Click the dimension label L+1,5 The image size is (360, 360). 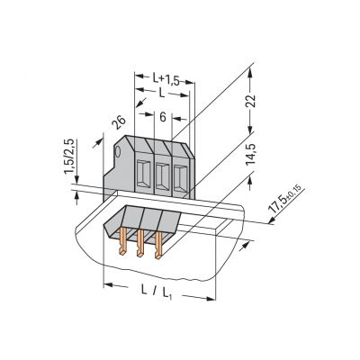click(166, 79)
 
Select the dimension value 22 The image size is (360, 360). click(251, 101)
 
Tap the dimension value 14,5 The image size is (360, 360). click(250, 154)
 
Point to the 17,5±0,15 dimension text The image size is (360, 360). click(286, 199)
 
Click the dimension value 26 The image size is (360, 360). click(119, 122)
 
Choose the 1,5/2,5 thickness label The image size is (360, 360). click(69, 156)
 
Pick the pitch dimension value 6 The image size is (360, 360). click(163, 118)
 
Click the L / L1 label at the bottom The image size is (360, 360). click(156, 292)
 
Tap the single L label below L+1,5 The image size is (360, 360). click(162, 94)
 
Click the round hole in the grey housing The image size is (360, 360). click(118, 151)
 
